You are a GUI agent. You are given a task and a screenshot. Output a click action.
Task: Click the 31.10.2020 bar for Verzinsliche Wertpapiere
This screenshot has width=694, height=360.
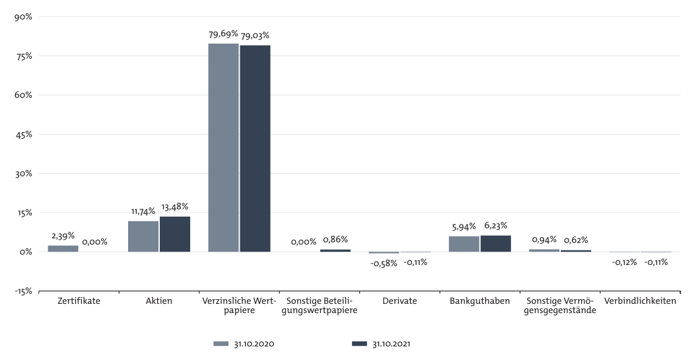tap(223, 147)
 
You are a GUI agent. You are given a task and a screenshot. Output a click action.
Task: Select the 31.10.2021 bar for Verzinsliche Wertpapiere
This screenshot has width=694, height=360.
tap(255, 149)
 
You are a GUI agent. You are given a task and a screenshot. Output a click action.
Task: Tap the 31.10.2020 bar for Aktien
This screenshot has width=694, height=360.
tap(143, 236)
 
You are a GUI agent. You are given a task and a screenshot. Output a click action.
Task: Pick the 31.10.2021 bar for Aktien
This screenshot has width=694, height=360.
tap(175, 234)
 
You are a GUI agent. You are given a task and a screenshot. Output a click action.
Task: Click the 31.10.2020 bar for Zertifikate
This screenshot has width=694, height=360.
tap(63, 248)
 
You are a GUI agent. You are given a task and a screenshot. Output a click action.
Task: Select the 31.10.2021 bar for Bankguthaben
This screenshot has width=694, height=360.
tap(496, 244)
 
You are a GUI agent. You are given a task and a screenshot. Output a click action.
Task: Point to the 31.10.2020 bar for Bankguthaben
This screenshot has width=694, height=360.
tap(464, 244)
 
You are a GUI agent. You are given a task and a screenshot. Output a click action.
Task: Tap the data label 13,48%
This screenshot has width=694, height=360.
tap(175, 207)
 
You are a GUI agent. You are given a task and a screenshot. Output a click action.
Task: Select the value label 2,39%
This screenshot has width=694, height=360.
tap(63, 236)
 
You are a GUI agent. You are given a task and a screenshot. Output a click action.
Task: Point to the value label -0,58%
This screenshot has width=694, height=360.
tap(384, 262)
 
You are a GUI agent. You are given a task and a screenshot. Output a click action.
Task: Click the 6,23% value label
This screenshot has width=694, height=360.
tap(496, 225)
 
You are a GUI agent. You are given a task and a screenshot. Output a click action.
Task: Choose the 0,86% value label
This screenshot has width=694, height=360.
tap(335, 240)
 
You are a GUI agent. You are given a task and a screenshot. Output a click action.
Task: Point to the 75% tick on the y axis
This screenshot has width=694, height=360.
tap(24, 56)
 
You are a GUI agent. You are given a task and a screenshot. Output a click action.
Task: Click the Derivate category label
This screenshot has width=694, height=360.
tap(399, 301)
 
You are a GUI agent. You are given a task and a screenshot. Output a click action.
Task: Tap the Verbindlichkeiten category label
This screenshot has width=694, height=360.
tap(640, 301)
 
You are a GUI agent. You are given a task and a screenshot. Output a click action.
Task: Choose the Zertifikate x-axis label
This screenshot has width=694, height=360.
tap(79, 301)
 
